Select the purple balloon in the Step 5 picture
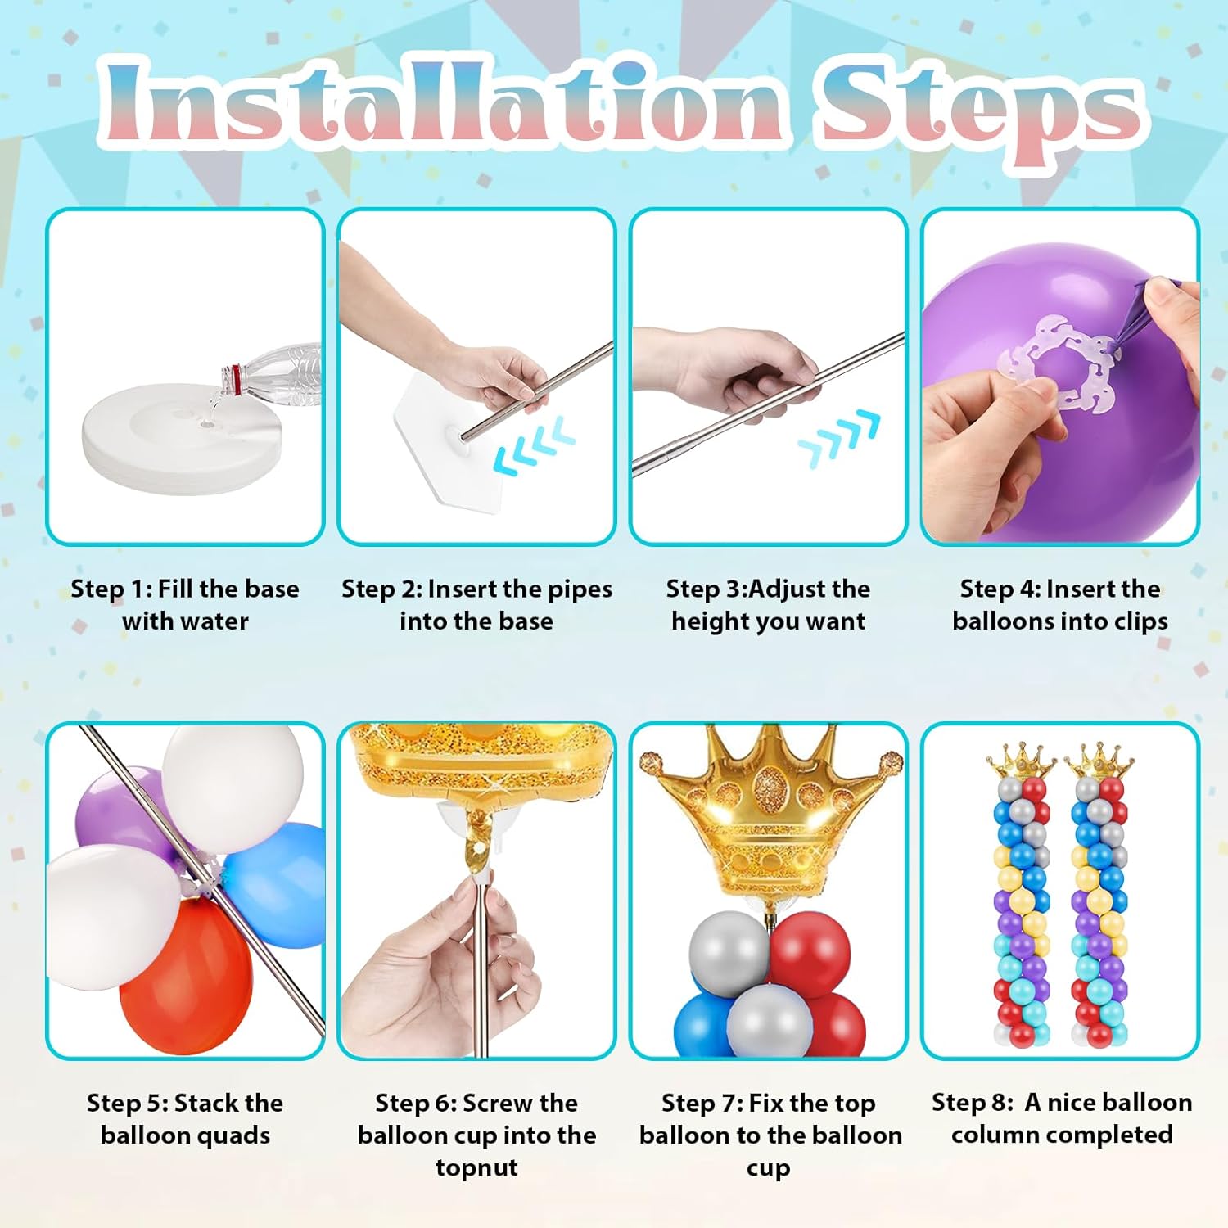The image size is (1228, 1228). (123, 810)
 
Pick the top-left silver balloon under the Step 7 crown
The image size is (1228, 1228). (728, 952)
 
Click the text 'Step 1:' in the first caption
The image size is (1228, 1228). (111, 589)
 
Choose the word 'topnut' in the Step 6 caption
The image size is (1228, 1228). (476, 1167)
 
